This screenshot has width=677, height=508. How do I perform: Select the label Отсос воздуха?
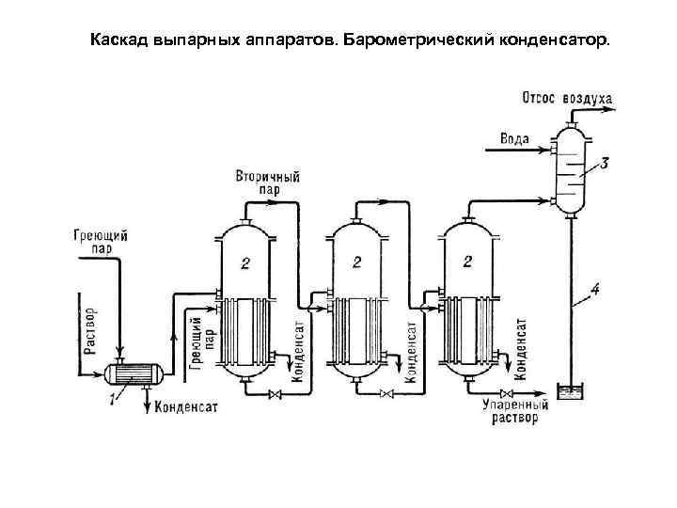567,98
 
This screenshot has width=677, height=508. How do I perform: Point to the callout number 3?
604,163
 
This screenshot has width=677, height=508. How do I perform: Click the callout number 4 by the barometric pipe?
595,288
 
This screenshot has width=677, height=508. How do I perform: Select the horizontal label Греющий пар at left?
99,243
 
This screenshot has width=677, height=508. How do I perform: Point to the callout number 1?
113,401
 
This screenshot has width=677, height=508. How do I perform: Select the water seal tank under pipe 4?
570,392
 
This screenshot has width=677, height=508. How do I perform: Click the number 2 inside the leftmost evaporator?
244,263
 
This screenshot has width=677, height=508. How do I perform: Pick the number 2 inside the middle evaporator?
356,261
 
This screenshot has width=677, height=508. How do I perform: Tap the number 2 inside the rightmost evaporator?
467,260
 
